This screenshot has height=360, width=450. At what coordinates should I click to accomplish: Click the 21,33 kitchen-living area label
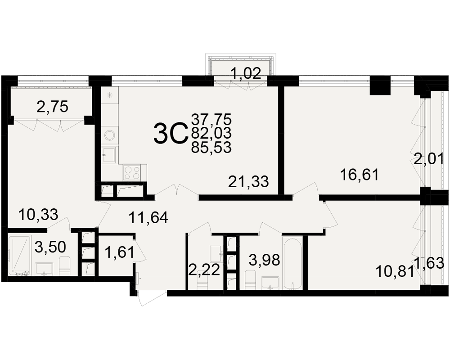(248, 182)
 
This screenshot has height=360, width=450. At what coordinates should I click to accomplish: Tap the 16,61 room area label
(359, 175)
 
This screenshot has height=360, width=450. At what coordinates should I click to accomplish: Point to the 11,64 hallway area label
(148, 218)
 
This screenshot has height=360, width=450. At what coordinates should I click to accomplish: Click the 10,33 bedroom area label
(38, 215)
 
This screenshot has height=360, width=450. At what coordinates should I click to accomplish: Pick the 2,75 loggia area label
(53, 107)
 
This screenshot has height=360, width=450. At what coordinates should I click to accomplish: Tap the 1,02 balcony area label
(246, 73)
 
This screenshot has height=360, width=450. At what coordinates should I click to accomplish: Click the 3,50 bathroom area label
(50, 247)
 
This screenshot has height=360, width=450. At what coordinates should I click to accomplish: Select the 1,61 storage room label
(120, 253)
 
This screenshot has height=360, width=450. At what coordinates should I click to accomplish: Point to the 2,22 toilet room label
(204, 270)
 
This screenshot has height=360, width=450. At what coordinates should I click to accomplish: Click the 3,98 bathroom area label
(264, 261)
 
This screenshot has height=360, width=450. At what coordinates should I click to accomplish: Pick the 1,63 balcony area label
(429, 263)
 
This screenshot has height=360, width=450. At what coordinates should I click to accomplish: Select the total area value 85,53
(211, 148)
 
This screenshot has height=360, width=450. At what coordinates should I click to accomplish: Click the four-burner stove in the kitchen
(132, 172)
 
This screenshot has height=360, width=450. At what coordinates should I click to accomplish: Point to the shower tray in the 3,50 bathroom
(19, 255)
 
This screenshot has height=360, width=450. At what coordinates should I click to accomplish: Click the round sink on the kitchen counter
(110, 135)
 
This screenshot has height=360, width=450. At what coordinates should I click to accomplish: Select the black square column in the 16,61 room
(380, 85)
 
